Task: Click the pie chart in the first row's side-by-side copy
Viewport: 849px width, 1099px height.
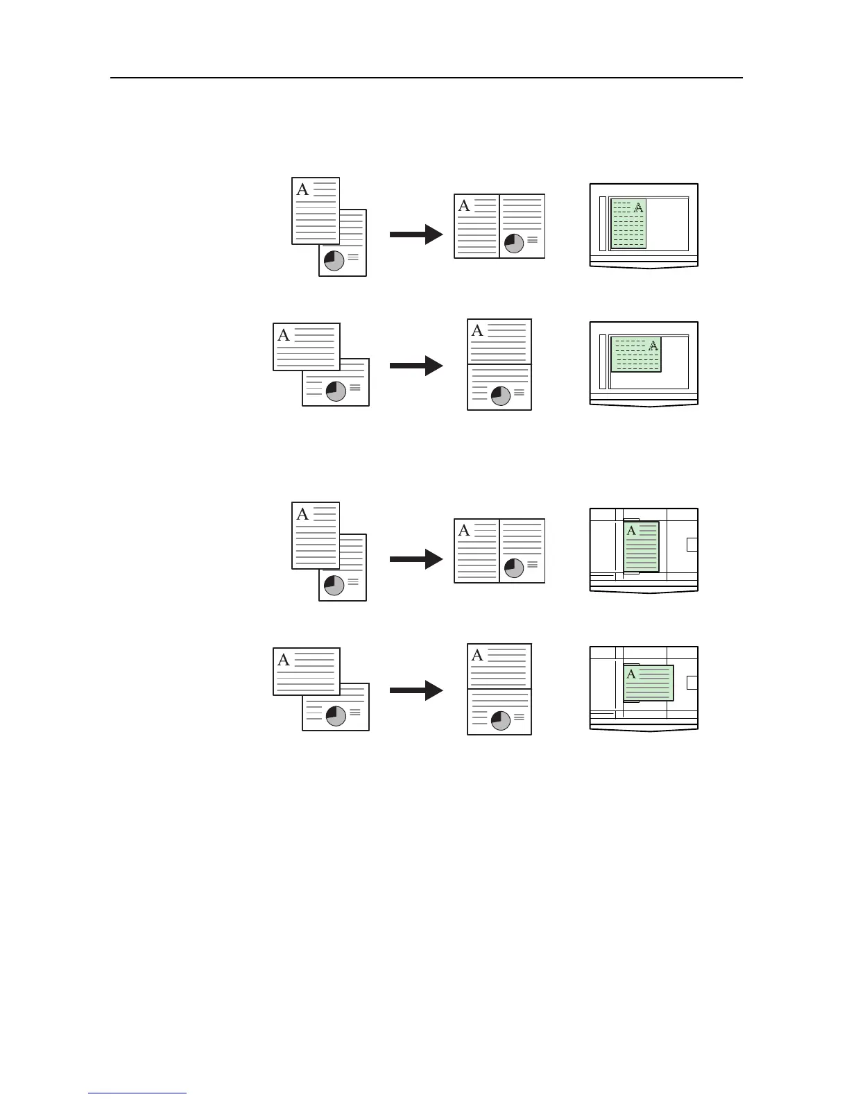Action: tap(514, 244)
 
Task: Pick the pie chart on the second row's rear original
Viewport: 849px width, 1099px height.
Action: tap(336, 391)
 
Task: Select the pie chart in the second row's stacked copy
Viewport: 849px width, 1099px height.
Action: tap(500, 395)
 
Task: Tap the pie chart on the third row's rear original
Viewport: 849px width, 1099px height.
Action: tap(334, 585)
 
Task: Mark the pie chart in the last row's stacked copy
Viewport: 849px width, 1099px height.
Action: tap(500, 721)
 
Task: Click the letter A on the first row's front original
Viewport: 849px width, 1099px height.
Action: tap(302, 189)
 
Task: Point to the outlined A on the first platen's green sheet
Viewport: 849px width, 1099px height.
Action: tap(639, 207)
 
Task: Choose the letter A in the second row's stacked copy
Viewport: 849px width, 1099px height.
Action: tap(477, 331)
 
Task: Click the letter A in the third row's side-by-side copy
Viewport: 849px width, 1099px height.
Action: tap(464, 531)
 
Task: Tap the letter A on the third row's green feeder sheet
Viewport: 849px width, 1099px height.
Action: tap(631, 531)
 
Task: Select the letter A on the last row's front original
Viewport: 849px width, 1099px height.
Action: tap(284, 660)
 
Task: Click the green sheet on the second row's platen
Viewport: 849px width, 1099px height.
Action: tap(635, 355)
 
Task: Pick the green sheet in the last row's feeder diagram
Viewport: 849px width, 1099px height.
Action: tap(649, 683)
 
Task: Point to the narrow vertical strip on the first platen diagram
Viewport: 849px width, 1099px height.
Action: tap(602, 223)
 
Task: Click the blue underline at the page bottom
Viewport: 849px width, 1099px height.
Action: tap(137, 1093)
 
